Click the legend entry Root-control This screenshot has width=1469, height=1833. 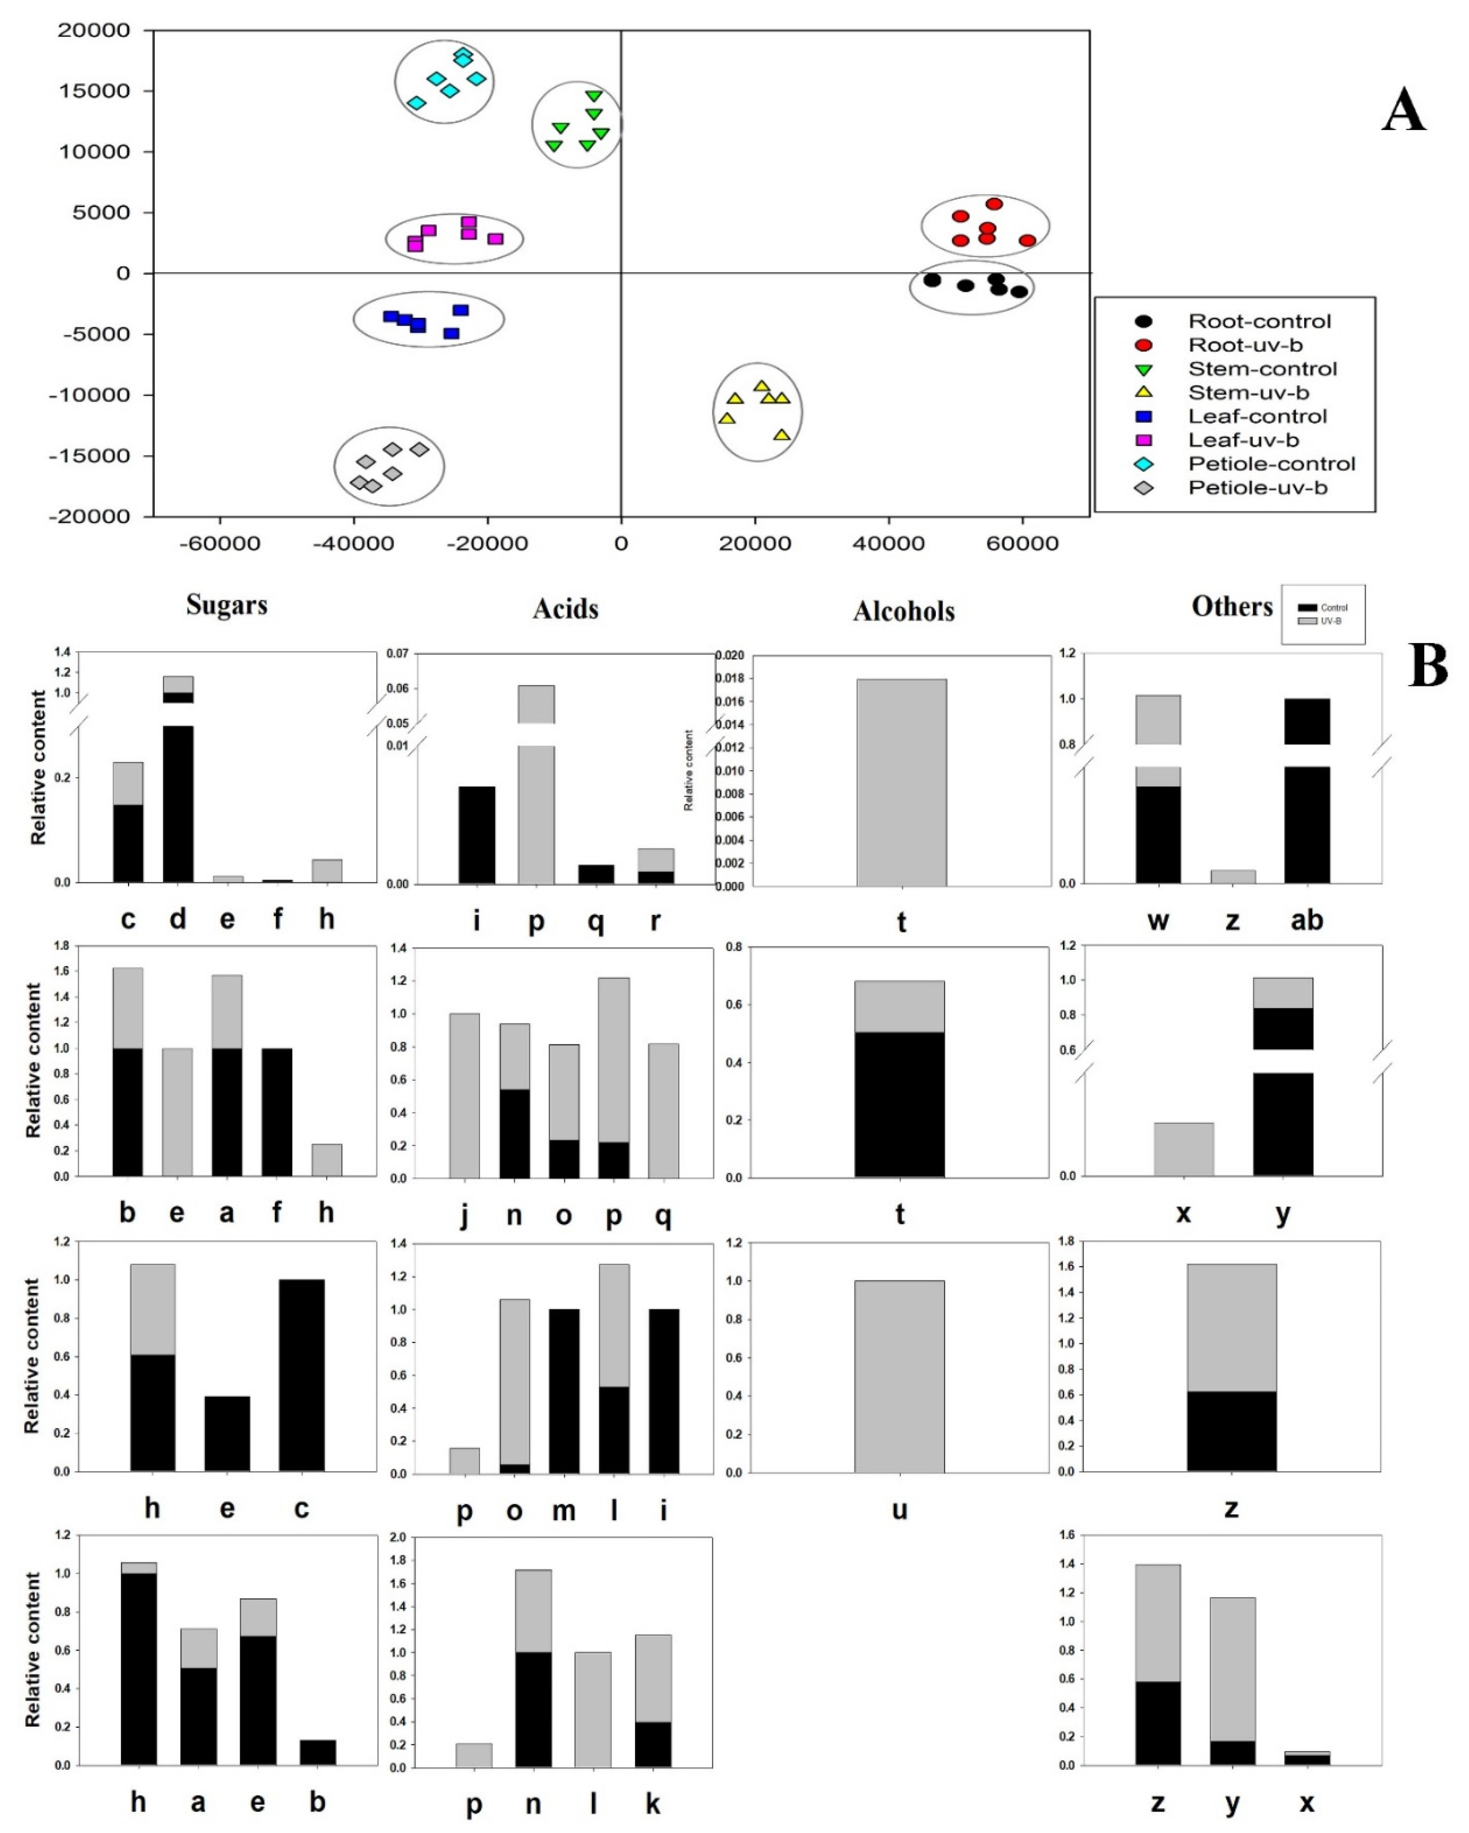tap(1258, 321)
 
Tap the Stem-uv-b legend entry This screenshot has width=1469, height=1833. tap(1248, 393)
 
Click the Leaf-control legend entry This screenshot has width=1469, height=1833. tap(1256, 417)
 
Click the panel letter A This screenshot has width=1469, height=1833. tap(1404, 111)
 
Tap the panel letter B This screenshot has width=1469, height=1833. tap(1428, 666)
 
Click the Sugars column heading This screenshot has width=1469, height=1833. tap(227, 605)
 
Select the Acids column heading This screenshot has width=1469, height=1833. tap(565, 609)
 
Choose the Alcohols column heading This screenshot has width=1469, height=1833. tap(904, 611)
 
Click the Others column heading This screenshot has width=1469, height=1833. tap(1232, 606)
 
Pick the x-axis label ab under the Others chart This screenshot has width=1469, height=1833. tap(1307, 920)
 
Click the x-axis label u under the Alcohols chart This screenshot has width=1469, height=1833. tap(899, 1511)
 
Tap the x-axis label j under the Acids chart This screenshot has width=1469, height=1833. tap(464, 1216)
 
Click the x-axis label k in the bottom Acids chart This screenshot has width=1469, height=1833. tap(653, 1804)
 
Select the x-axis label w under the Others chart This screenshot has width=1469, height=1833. tap(1158, 920)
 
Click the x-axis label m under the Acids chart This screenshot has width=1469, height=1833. tap(564, 1511)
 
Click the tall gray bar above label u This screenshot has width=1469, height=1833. tap(899, 1377)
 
